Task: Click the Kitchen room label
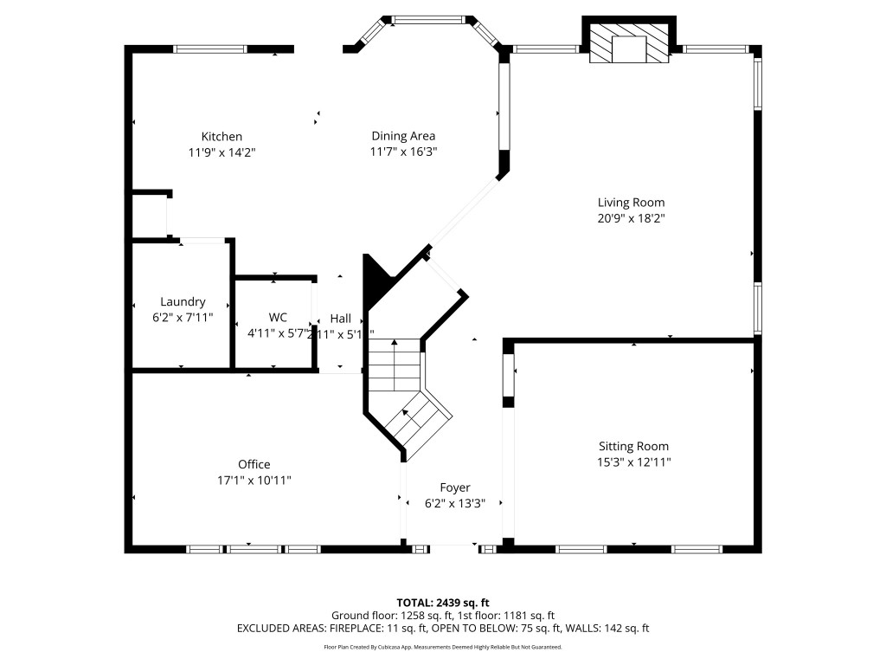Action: point(221,136)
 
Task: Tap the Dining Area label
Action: point(403,136)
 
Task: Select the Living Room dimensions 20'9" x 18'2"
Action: point(631,218)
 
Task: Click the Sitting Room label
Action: point(633,447)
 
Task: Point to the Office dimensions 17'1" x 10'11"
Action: point(254,480)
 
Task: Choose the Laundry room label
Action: point(183,301)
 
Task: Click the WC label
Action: point(278,317)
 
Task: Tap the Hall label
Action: point(340,318)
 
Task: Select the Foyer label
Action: point(455,487)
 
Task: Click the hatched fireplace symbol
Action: point(629,42)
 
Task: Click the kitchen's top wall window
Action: point(211,49)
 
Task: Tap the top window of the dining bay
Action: point(429,19)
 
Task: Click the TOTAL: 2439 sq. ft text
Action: point(443,602)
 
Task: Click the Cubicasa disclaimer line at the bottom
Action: point(443,647)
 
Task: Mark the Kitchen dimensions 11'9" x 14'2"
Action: point(221,152)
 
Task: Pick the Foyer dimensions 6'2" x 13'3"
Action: point(455,503)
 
